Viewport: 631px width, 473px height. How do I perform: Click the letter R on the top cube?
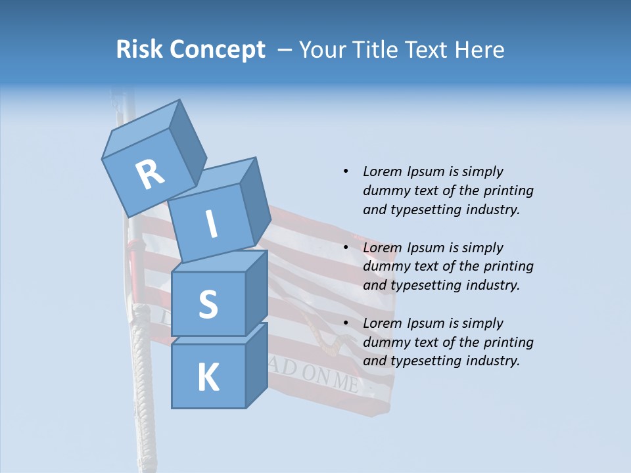pyautogui.click(x=150, y=174)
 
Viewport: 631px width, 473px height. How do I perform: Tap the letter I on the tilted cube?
pyautogui.click(x=212, y=224)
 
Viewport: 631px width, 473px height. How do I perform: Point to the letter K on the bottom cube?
pyautogui.click(x=208, y=378)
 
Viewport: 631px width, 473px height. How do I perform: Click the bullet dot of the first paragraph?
pyautogui.click(x=346, y=171)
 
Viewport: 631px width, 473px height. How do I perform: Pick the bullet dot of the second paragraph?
pyautogui.click(x=346, y=248)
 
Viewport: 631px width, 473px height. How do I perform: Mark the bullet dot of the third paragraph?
pyautogui.click(x=346, y=323)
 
